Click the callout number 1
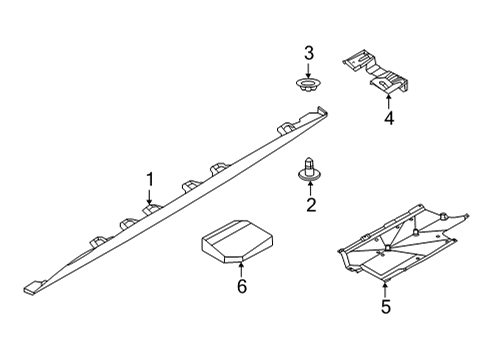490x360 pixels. pyautogui.click(x=149, y=179)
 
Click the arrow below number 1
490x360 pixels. pyautogui.click(x=149, y=197)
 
